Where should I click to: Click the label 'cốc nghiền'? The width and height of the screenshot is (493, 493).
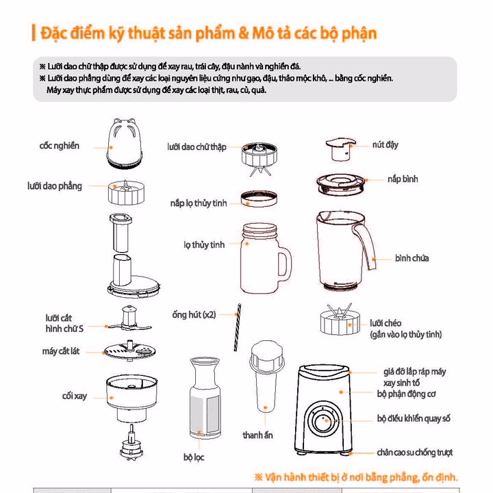[x=60, y=146]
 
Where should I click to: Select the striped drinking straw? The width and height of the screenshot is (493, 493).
[x=238, y=327]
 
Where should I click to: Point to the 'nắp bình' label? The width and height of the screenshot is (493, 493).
[x=403, y=179]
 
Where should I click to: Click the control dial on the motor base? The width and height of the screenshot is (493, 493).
[x=323, y=420]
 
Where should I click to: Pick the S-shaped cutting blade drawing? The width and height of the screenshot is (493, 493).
[x=129, y=318]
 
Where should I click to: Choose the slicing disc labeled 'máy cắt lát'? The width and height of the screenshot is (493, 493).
[x=129, y=351]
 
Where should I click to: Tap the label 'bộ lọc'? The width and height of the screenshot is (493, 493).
[x=194, y=457]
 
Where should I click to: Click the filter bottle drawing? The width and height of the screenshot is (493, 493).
[x=205, y=398]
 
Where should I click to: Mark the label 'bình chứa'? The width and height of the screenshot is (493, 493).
[x=412, y=258]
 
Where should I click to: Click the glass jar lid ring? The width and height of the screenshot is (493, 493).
[x=259, y=199]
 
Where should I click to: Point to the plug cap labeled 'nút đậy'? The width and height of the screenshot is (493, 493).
[x=340, y=149]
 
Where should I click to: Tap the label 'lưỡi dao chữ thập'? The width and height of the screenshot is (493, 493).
[x=197, y=147]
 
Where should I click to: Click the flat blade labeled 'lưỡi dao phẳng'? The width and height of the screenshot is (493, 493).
[x=127, y=192]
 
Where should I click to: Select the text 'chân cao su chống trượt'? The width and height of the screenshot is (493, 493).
[x=415, y=453]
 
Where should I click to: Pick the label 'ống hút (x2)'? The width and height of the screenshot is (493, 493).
[x=194, y=315]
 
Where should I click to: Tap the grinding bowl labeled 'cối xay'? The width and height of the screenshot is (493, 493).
[x=131, y=398]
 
